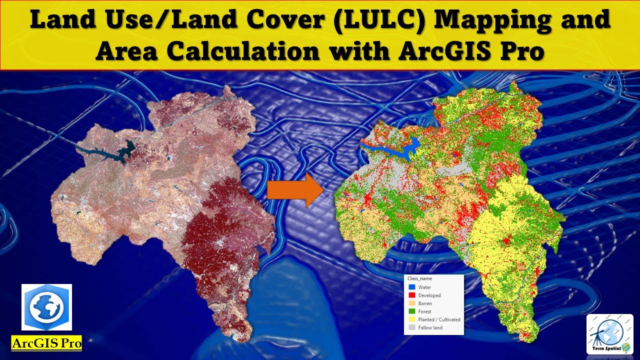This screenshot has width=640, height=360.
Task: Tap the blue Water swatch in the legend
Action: coord(411,287)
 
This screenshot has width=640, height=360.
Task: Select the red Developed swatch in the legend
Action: coord(411,295)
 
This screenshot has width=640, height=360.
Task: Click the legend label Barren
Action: coord(425,303)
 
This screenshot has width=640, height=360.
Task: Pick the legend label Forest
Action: coord(424,311)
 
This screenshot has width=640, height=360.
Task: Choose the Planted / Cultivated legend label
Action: coord(439,319)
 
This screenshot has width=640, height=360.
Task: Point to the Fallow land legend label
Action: coord(430,327)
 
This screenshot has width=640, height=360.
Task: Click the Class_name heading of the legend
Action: coord(419,278)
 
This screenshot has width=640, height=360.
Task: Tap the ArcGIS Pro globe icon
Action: coord(46,307)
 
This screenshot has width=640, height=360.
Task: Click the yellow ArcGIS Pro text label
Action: coord(46,343)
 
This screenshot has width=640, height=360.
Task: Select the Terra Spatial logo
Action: coord(609,334)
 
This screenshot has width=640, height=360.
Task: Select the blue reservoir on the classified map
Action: coord(407,148)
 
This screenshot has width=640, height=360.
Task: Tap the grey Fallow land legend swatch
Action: coord(411,327)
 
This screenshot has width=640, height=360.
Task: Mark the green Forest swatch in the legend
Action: coord(411,311)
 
